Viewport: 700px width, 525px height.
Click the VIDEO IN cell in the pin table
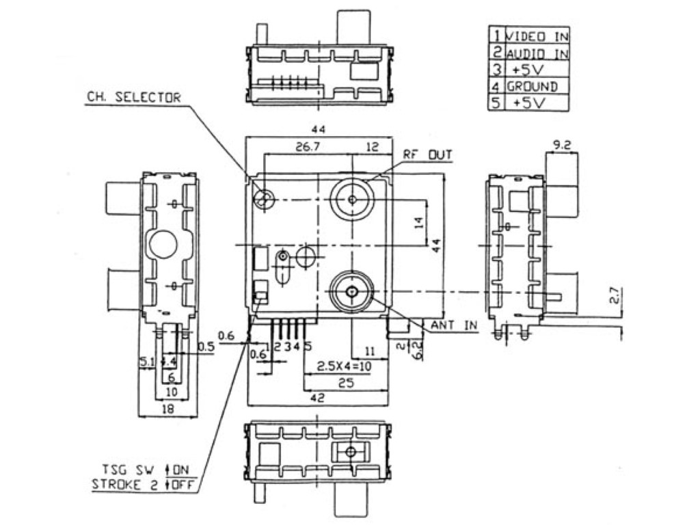pos(537,36)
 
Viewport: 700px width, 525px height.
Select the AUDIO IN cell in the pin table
pos(537,53)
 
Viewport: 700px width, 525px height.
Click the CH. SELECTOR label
pos(133,98)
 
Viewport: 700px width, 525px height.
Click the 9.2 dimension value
pos(562,145)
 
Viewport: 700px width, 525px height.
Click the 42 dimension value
pos(317,397)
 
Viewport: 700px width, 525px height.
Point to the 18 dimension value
pos(167,409)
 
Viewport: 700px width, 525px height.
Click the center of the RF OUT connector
pos(352,199)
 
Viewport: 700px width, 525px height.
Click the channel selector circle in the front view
pos(263,199)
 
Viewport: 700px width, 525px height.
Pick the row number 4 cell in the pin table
pos(496,87)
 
